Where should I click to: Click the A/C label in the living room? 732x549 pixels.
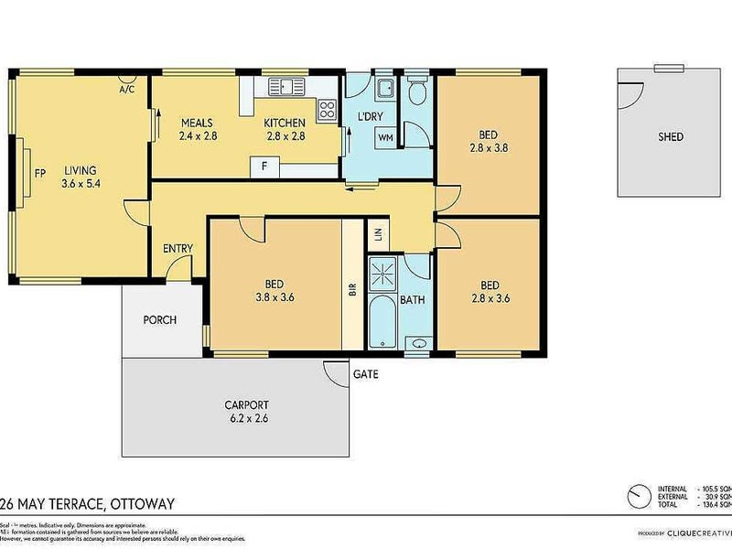pyautogui.click(x=128, y=90)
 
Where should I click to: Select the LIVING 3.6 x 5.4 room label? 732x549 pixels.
pyautogui.click(x=80, y=177)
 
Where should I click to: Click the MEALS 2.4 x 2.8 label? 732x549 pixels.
pyautogui.click(x=198, y=129)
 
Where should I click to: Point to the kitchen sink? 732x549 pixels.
pyautogui.click(x=288, y=87)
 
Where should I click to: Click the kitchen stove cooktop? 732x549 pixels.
pyautogui.click(x=326, y=111)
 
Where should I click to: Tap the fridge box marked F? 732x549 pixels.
pyautogui.click(x=264, y=167)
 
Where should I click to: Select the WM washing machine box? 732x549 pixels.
pyautogui.click(x=385, y=137)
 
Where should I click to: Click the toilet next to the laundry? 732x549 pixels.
pyautogui.click(x=417, y=91)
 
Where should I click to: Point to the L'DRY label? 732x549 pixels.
pyautogui.click(x=370, y=117)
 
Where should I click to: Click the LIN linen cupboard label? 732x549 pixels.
pyautogui.click(x=377, y=235)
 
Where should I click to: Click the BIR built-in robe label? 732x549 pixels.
pyautogui.click(x=352, y=291)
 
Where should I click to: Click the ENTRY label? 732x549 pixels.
pyautogui.click(x=178, y=249)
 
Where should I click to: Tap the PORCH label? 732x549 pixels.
pyautogui.click(x=159, y=320)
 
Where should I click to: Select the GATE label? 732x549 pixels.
pyautogui.click(x=365, y=374)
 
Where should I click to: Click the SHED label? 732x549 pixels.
pyautogui.click(x=671, y=137)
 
